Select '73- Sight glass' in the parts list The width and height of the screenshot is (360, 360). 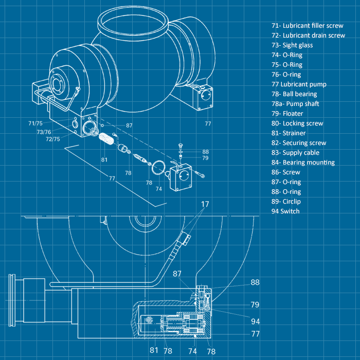click(292, 45)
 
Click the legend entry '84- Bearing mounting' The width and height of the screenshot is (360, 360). click(303, 163)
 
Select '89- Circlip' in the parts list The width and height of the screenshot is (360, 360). click(286, 202)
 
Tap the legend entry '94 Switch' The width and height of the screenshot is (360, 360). click(285, 211)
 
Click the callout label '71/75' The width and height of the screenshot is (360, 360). click(35, 123)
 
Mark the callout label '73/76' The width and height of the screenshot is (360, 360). click(44, 132)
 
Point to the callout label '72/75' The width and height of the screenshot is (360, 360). click(52, 139)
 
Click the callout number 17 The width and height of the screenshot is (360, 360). click(205, 204)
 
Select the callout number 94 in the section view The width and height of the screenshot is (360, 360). click(256, 321)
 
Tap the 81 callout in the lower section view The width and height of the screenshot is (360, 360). click(154, 351)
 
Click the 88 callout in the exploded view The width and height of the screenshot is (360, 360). click(206, 152)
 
